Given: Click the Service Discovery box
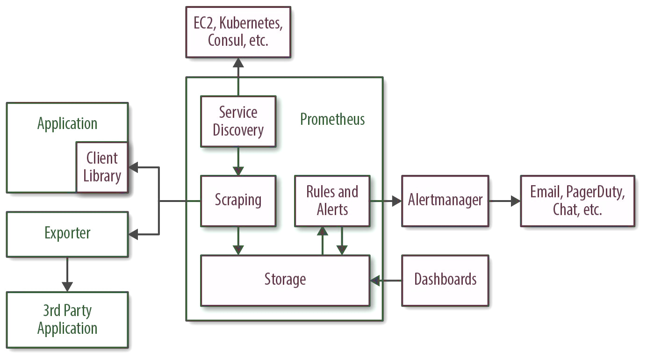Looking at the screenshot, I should (x=238, y=121).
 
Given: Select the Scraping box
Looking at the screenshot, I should (x=238, y=201).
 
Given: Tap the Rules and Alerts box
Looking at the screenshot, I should (x=332, y=201).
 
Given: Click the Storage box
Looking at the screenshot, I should (x=285, y=280).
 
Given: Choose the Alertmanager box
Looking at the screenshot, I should (x=445, y=201).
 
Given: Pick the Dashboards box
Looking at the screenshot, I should (x=445, y=280).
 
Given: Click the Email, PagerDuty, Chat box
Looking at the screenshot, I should (x=577, y=201).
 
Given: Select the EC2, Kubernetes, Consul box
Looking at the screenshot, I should (x=238, y=32).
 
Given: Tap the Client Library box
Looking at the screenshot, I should (x=102, y=167).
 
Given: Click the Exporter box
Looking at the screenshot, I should (x=67, y=233).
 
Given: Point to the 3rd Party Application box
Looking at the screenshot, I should (x=67, y=320).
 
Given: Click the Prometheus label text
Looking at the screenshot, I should (x=332, y=119).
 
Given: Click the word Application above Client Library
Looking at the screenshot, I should (x=67, y=124).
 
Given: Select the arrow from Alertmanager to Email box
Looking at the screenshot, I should (x=505, y=201).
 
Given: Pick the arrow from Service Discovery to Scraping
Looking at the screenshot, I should (x=238, y=161).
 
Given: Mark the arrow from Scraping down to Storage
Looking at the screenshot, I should (x=238, y=241).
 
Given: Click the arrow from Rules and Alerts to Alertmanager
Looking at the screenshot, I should (x=386, y=201).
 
